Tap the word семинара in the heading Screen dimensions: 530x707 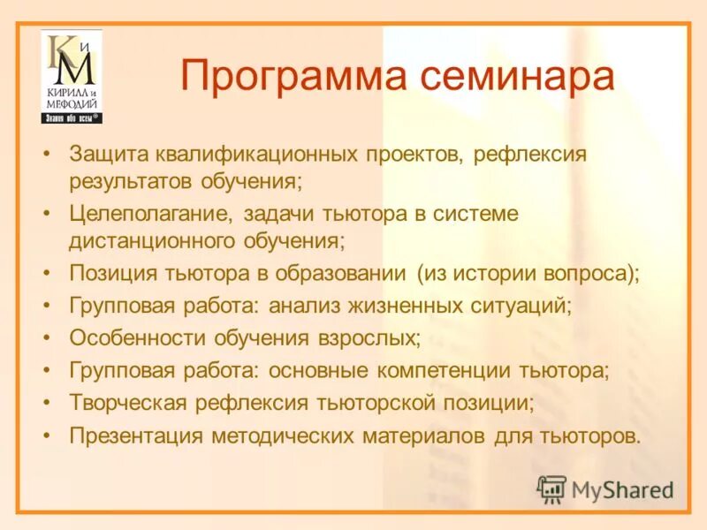[x=517, y=76]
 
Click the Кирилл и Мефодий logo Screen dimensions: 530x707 [x=71, y=77]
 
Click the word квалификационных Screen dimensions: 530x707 [x=255, y=155]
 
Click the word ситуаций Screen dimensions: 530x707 [x=528, y=306]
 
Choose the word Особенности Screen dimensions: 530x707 [x=135, y=338]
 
